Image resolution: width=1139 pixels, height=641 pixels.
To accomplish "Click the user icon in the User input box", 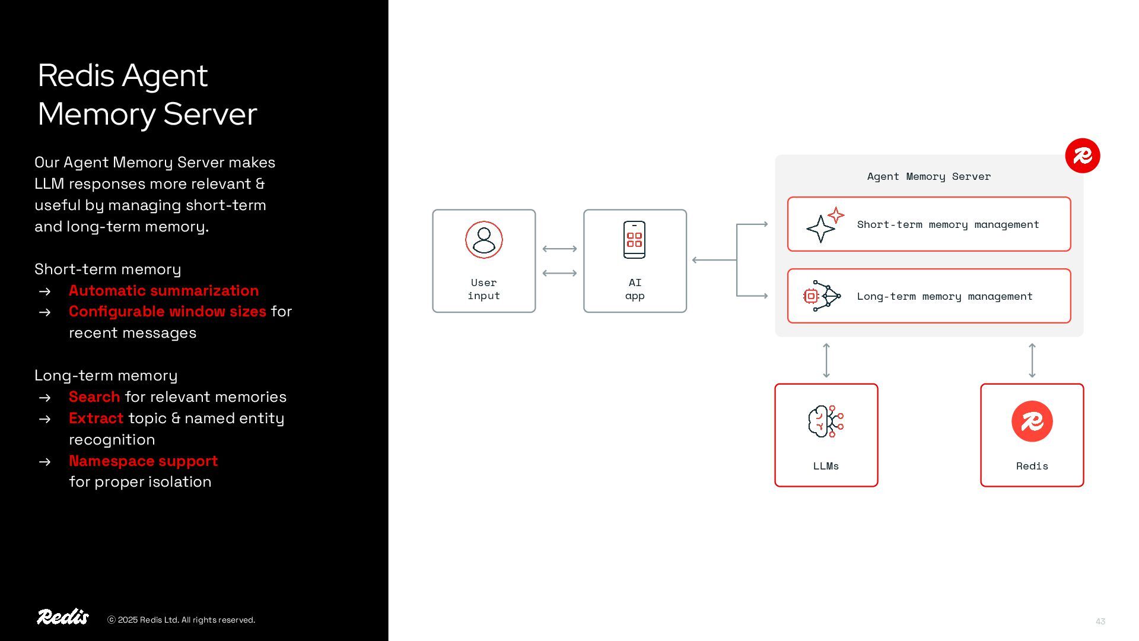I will click(483, 240).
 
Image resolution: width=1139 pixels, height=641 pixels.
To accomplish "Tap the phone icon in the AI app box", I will click(634, 240).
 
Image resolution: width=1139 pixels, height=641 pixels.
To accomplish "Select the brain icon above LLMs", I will click(825, 421).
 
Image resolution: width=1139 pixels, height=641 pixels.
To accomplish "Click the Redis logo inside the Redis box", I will click(1032, 421).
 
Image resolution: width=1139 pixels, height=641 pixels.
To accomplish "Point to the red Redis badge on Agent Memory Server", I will click(1082, 156).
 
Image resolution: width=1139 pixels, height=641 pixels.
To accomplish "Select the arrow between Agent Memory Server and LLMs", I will click(826, 360).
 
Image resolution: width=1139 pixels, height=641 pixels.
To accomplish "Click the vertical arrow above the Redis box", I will click(1032, 360).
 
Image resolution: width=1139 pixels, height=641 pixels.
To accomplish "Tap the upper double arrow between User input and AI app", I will click(559, 249).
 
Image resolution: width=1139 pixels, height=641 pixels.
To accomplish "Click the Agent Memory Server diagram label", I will click(928, 176).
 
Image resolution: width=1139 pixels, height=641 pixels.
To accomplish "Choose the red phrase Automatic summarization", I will click(164, 290).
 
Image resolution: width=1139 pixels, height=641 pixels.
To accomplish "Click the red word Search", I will click(94, 396).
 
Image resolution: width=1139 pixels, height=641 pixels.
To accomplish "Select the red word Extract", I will click(96, 418).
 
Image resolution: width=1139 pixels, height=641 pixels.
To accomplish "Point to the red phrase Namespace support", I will click(143, 461).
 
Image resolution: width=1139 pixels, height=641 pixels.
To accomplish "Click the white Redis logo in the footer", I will click(63, 617).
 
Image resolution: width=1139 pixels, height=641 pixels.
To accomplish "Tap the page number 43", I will click(1100, 621).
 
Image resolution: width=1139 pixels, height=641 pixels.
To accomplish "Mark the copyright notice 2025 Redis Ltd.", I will click(181, 620).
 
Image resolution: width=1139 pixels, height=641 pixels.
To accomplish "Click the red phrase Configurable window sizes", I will click(167, 311).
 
